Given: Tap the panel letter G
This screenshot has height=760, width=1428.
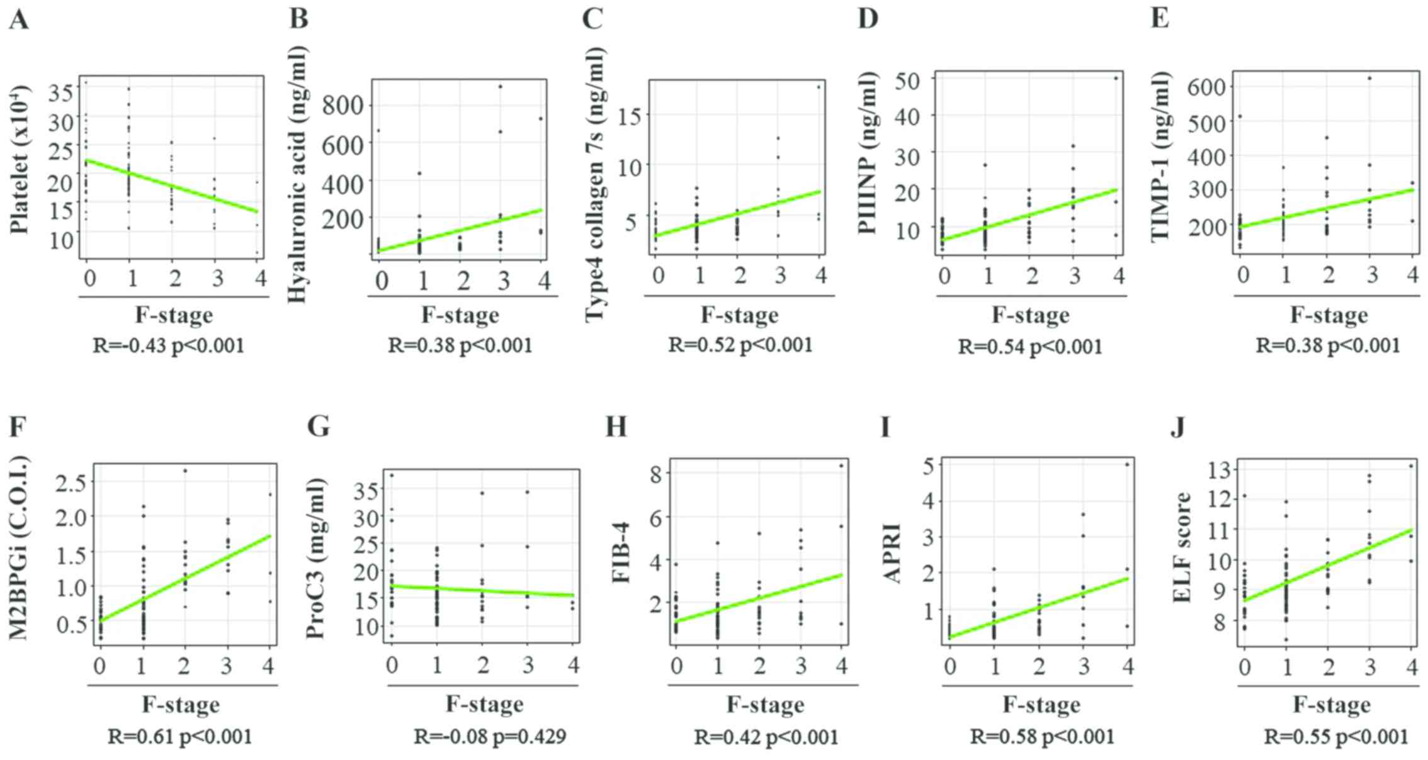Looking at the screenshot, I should point(319,427).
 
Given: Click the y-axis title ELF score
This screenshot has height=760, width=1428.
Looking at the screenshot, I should point(1182,547).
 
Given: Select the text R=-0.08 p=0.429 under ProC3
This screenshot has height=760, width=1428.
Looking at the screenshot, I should point(489,736).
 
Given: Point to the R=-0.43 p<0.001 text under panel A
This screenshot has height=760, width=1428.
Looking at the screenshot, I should point(168,345).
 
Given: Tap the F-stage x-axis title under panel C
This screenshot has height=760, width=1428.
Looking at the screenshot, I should point(740,315).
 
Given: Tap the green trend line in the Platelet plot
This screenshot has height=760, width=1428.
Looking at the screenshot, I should point(170,186).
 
